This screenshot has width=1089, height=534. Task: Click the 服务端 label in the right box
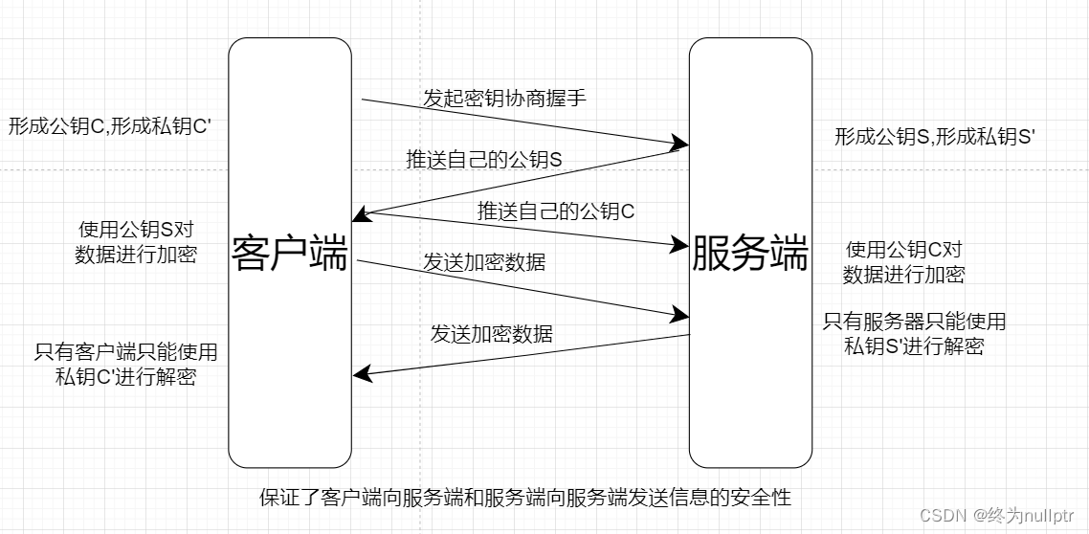click(750, 254)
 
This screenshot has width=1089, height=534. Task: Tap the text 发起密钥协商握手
click(504, 98)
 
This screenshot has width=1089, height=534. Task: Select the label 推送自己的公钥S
click(484, 160)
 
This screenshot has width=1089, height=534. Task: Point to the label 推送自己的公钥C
click(556, 211)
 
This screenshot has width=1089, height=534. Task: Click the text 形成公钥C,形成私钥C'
click(110, 126)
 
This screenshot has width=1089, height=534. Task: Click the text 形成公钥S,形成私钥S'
click(936, 137)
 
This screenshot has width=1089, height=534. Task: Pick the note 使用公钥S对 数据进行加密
click(137, 242)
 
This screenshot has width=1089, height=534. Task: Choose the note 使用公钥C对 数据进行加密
click(903, 262)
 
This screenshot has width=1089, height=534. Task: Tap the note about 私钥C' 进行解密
click(126, 365)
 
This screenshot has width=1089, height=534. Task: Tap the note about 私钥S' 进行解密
click(914, 334)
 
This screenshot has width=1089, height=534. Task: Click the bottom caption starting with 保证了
click(525, 498)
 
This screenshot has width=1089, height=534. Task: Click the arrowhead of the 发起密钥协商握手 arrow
click(681, 145)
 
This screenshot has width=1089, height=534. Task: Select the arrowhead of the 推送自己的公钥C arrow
click(681, 246)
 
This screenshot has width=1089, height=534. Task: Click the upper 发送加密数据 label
click(484, 261)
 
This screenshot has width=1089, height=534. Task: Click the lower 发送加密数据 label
click(491, 334)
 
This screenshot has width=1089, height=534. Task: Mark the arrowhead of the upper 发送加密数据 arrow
click(681, 314)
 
